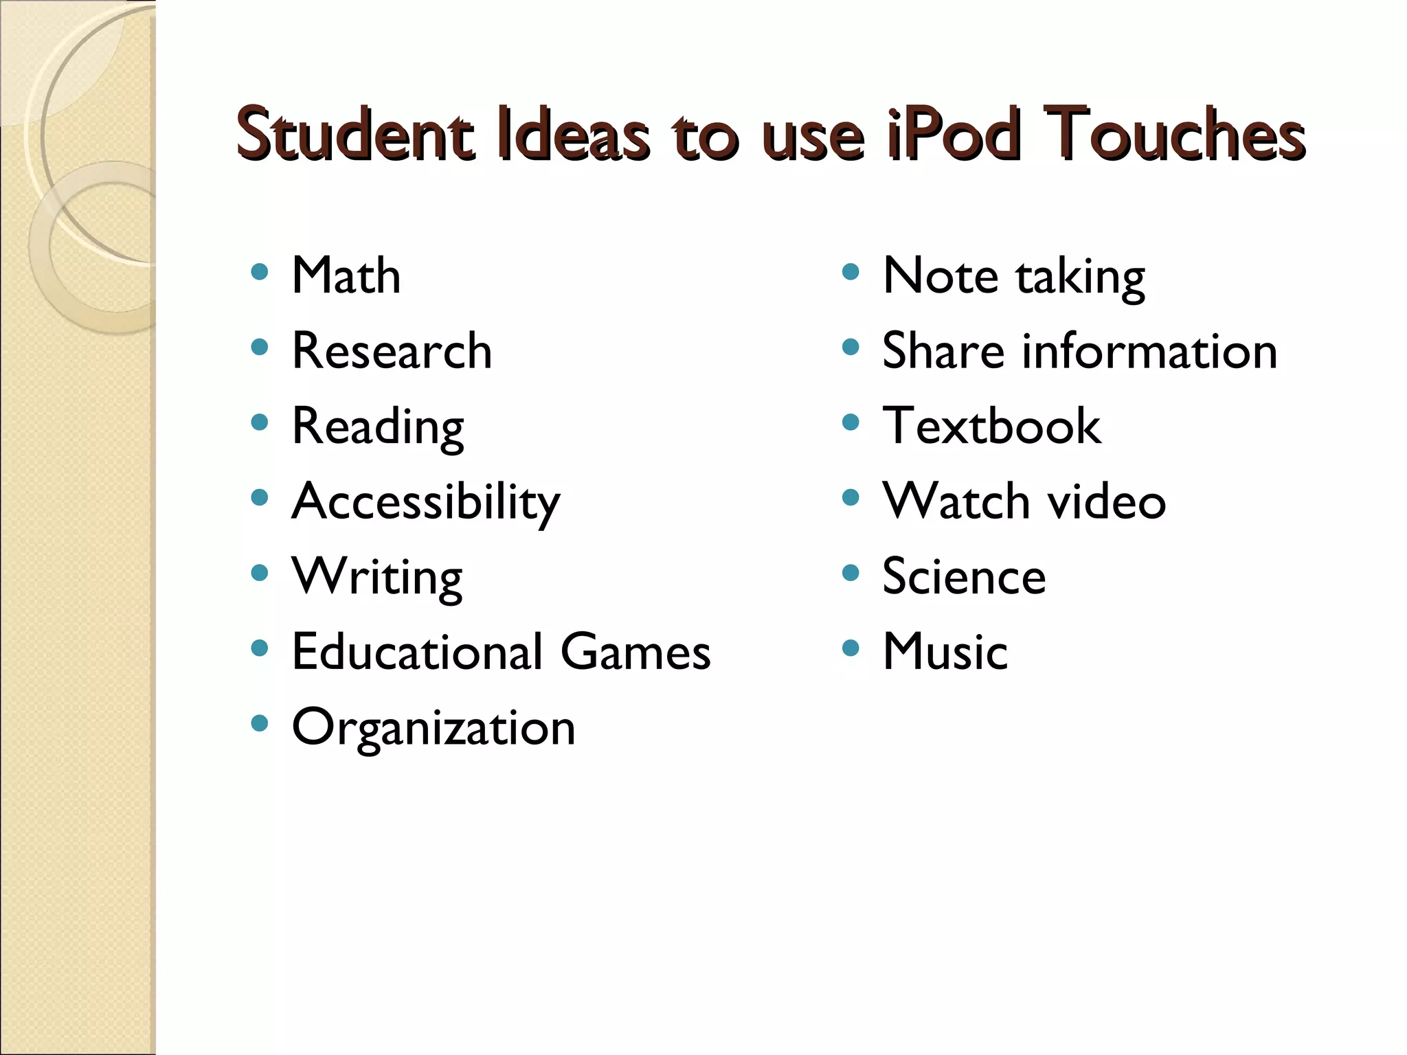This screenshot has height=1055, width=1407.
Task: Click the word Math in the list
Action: (346, 275)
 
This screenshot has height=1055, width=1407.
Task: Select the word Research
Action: (392, 351)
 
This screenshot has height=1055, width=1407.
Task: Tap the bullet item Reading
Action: (378, 427)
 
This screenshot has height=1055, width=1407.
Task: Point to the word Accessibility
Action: (426, 502)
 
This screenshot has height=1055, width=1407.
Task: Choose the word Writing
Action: (377, 578)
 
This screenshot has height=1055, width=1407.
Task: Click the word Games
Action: (635, 652)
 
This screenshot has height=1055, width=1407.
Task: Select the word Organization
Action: (434, 728)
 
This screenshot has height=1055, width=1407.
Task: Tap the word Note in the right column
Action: (940, 275)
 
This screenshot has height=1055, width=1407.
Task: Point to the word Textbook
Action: (991, 426)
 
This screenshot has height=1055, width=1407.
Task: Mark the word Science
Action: (964, 577)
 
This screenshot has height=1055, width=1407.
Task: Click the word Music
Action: (945, 652)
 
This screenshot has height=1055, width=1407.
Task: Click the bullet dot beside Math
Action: (260, 273)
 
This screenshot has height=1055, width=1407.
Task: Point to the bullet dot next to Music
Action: (851, 648)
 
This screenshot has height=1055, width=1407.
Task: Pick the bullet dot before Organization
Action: (260, 723)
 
